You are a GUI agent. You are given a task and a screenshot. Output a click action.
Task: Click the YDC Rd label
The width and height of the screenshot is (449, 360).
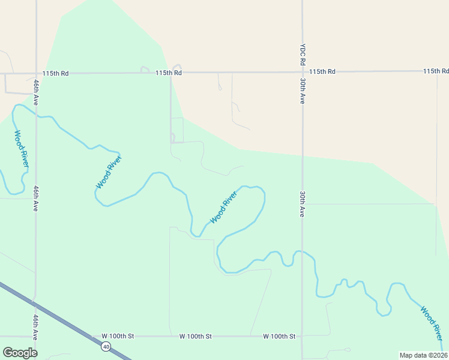(x=304, y=55)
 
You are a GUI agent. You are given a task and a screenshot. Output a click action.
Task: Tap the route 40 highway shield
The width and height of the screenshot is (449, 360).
(x=106, y=346)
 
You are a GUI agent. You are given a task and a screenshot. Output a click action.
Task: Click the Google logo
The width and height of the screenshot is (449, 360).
(x=20, y=353)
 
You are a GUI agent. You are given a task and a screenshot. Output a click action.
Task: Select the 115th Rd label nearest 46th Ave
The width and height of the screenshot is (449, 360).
(x=55, y=73)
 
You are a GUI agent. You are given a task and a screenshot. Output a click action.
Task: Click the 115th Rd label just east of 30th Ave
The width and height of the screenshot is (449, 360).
(x=322, y=71)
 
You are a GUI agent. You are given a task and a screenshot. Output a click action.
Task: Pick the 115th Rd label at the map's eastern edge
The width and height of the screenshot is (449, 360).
(x=435, y=71)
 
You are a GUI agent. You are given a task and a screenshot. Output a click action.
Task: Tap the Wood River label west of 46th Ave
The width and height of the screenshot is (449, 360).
(x=21, y=149)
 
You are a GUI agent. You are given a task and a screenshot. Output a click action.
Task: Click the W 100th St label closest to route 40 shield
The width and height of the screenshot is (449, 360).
(x=118, y=336)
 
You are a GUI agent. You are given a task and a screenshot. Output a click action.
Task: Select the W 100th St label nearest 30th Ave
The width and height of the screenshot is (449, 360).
(x=279, y=336)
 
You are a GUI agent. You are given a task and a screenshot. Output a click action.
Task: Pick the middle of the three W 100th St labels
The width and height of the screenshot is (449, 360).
(x=196, y=336)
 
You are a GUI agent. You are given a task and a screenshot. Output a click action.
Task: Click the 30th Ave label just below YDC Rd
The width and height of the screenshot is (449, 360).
(x=303, y=90)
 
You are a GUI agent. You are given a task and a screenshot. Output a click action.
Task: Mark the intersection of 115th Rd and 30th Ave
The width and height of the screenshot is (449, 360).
(x=303, y=71)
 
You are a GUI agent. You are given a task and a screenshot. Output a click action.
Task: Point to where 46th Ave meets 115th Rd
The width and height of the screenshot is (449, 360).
(x=36, y=74)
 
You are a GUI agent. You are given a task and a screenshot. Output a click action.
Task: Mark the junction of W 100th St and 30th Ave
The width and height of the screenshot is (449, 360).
(x=303, y=336)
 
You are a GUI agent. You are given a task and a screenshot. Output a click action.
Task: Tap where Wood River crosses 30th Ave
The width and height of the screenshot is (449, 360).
(x=303, y=251)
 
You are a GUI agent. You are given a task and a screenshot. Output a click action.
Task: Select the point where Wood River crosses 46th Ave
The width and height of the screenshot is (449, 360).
(x=36, y=116)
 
